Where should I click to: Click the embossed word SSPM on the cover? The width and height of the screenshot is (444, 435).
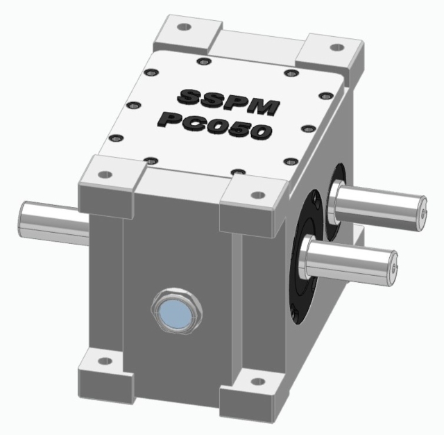pyautogui.click(x=229, y=101)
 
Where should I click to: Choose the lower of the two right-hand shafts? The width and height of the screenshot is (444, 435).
pyautogui.click(x=351, y=261)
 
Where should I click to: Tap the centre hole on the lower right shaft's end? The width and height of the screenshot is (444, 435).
pyautogui.click(x=393, y=268)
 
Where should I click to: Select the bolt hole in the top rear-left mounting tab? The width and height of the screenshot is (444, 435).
pyautogui.click(x=184, y=27)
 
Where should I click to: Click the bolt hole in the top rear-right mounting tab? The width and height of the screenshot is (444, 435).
pyautogui.click(x=336, y=47)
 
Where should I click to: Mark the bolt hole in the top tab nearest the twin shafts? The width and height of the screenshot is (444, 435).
pyautogui.click(x=258, y=195)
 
